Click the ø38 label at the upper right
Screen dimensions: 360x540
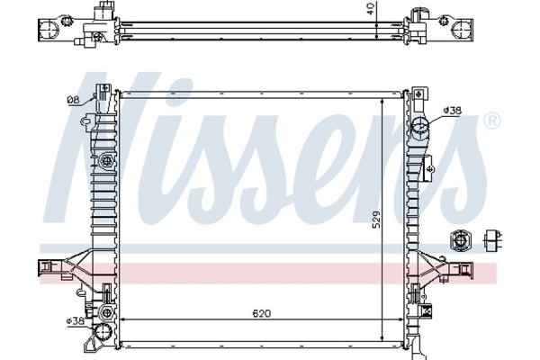[453, 110]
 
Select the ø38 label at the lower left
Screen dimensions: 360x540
[74, 319]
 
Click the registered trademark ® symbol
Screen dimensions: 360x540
[492, 119]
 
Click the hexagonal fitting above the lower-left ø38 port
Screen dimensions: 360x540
[106, 293]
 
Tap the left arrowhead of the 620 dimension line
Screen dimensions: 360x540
[123, 320]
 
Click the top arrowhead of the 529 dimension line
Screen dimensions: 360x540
[384, 98]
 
